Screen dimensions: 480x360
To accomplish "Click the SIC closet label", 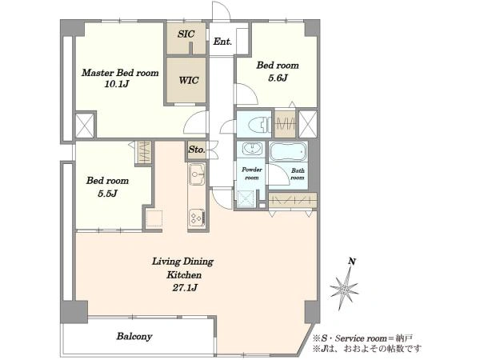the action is (x=186, y=34).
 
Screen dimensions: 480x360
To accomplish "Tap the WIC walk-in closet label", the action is (x=189, y=80).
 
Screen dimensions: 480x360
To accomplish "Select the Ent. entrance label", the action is (x=222, y=42).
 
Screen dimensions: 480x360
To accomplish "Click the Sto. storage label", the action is (x=197, y=150).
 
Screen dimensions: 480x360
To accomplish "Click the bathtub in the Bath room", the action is (x=288, y=151).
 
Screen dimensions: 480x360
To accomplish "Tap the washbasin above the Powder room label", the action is (x=252, y=149).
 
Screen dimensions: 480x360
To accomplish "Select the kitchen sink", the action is (x=196, y=174).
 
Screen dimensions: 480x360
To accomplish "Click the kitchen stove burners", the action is (x=196, y=218).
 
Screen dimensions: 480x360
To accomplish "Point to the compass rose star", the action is (x=344, y=290).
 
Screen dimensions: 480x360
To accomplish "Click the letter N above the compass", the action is (x=352, y=262).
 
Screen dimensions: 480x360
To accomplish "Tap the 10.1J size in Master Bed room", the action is (x=116, y=84).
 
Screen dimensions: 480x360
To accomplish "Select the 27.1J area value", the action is (x=184, y=288).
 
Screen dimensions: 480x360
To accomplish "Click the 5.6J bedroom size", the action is (x=278, y=78).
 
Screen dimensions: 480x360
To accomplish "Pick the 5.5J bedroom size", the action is (x=107, y=194).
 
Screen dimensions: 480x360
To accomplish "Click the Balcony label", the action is (x=134, y=337).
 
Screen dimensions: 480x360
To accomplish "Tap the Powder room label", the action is (x=252, y=174).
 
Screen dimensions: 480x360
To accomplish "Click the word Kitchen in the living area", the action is (x=184, y=275).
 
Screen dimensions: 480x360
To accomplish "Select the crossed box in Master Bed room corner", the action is (x=85, y=126).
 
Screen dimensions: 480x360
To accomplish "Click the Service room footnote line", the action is (x=362, y=338).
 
